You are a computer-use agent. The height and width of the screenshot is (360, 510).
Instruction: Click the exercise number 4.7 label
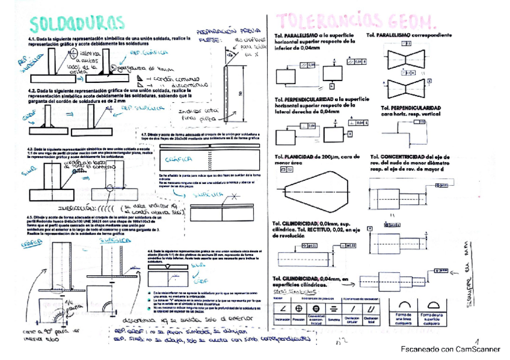[144, 134]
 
